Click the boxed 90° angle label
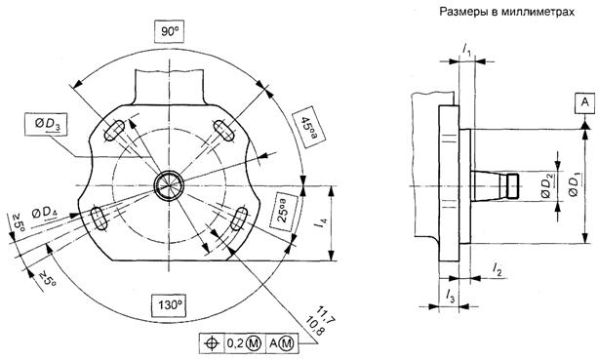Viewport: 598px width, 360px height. [170, 31]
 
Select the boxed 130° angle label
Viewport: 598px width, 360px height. [169, 305]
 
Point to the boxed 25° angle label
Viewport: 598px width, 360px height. [284, 210]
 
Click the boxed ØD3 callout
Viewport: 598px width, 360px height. [46, 124]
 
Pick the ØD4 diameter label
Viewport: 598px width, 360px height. [45, 214]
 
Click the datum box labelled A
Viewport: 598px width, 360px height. [584, 102]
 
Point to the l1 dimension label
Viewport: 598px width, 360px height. [467, 49]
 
